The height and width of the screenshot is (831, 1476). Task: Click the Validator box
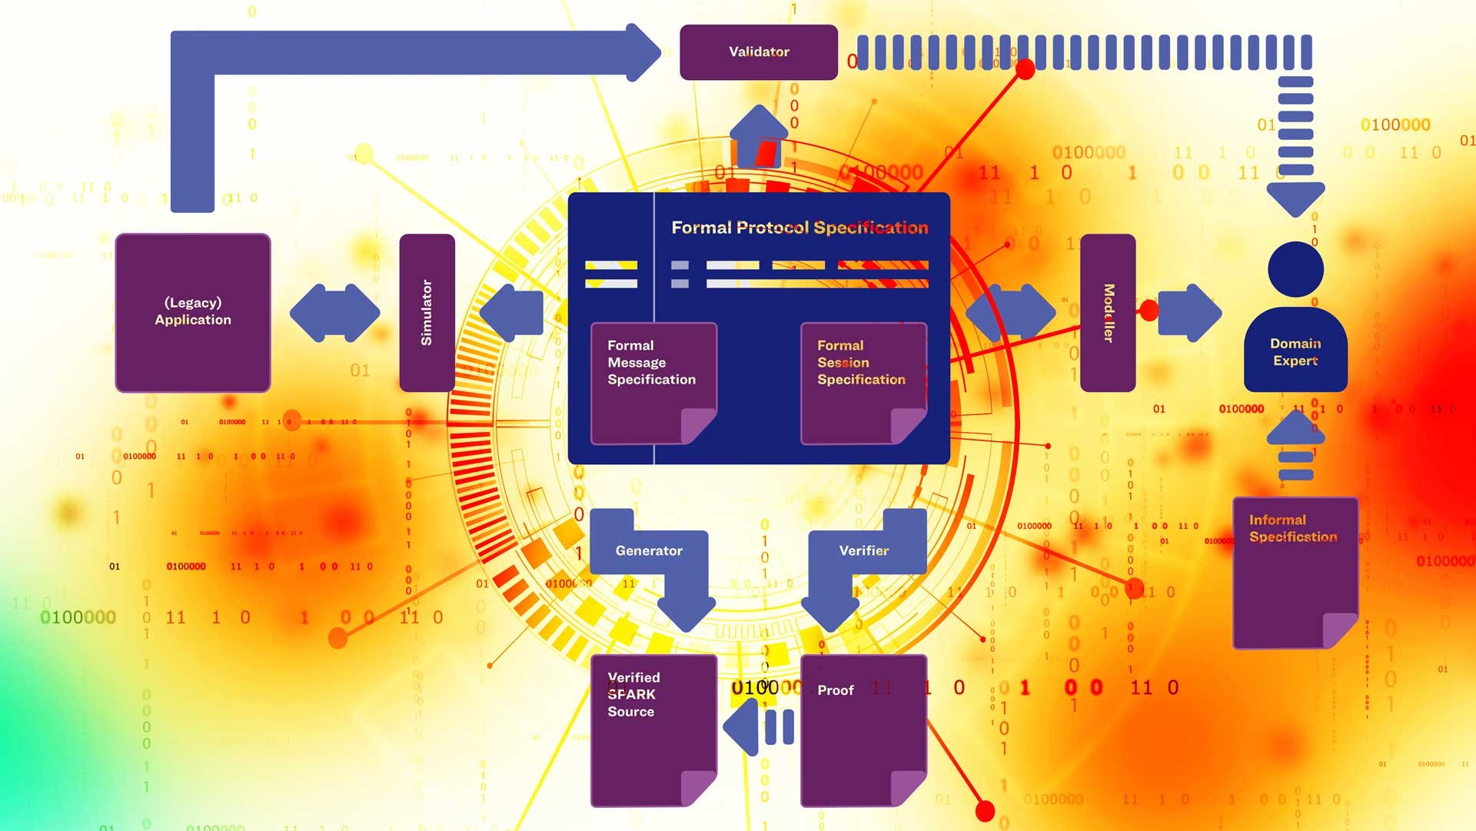758,52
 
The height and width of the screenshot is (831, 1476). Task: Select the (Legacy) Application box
193,312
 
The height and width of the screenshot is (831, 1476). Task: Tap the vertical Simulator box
427,312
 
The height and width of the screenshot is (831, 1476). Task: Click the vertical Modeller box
1107,312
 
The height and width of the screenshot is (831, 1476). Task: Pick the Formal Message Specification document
653,383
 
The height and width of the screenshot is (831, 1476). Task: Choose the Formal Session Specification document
863,383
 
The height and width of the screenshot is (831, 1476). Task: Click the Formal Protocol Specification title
799,228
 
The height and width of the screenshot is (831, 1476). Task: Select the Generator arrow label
649,550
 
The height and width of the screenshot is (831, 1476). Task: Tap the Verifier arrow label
863,550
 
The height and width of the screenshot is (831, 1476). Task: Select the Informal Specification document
1295,572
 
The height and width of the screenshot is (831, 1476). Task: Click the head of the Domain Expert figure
1295,269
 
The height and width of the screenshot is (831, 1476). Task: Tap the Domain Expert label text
1295,352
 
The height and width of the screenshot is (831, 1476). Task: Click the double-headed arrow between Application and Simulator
334,313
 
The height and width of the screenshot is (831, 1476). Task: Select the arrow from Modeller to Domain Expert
1188,313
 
